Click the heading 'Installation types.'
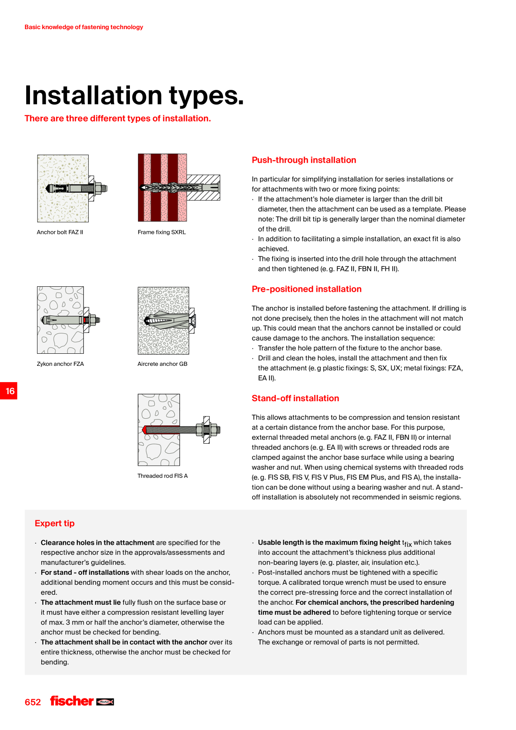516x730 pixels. (x=134, y=96)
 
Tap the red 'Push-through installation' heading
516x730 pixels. (x=304, y=160)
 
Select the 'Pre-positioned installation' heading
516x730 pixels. (x=307, y=289)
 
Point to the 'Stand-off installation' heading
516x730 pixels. (x=295, y=398)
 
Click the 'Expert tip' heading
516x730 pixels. (x=55, y=524)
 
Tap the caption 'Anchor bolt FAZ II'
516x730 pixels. (x=60, y=232)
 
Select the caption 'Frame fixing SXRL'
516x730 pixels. (x=162, y=232)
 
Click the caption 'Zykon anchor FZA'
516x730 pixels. (x=60, y=364)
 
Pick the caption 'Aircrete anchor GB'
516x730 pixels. (x=162, y=364)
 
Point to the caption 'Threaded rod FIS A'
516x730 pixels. (x=163, y=476)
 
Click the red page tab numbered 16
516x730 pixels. (x=9, y=391)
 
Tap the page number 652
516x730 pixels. (x=33, y=702)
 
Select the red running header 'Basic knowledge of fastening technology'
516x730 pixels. (x=84, y=27)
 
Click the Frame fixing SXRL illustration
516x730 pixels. (x=179, y=187)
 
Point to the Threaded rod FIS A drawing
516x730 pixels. (x=179, y=430)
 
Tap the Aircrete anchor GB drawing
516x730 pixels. (x=166, y=320)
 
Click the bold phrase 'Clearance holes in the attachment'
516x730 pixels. (x=97, y=543)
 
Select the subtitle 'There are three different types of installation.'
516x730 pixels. (x=118, y=119)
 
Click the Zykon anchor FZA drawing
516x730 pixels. (x=69, y=320)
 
